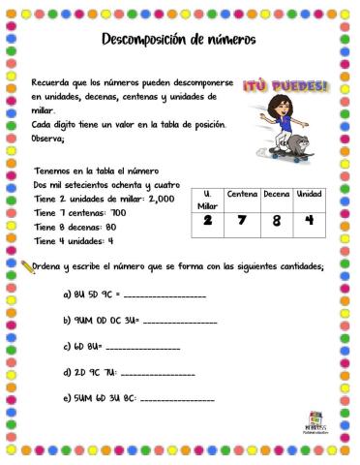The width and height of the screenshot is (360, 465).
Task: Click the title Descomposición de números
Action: (178, 40)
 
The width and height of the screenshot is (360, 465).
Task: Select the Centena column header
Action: (242, 194)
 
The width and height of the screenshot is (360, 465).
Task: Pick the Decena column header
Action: (277, 194)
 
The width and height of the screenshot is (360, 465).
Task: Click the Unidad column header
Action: (310, 194)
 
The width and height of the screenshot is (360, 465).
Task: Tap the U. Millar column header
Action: (208, 200)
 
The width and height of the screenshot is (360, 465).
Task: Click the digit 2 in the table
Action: (207, 221)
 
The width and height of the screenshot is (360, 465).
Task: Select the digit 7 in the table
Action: (242, 221)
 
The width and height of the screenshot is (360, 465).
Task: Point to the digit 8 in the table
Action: (277, 221)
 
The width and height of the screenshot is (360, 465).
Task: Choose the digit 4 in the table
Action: (309, 221)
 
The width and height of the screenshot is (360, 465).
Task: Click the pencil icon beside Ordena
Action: (26, 264)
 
